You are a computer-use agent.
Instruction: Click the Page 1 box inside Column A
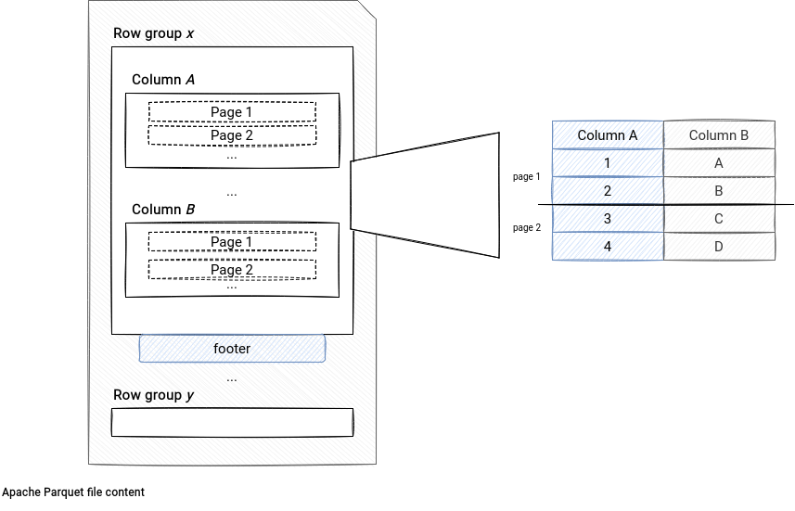(232, 112)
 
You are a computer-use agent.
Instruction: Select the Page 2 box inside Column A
(232, 135)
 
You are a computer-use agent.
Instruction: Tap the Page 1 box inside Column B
(232, 242)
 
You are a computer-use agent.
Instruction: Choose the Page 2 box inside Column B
(232, 269)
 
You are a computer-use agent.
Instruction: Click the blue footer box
(232, 349)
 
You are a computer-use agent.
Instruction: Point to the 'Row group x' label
(154, 33)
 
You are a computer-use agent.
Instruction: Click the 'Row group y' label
(154, 395)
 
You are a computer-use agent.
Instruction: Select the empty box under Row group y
(232, 422)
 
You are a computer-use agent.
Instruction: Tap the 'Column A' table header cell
(608, 134)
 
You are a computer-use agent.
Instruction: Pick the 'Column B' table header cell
(719, 134)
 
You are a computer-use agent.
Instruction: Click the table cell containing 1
(608, 162)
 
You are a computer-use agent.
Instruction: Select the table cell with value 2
(608, 191)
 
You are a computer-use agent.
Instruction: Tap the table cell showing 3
(608, 219)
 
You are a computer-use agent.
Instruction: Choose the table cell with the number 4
(608, 247)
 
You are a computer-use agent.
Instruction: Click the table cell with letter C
(719, 219)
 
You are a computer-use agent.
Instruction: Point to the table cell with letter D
(719, 247)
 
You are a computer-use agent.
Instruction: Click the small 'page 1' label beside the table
(527, 176)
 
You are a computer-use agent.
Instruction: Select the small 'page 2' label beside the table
(527, 227)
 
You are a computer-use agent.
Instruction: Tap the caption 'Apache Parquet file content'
(73, 492)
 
